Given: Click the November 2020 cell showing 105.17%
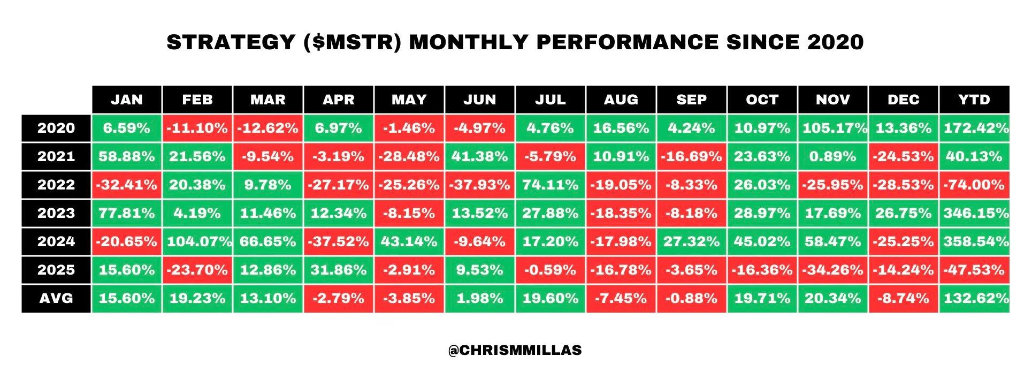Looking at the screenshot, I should (833, 128).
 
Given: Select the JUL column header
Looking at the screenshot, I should (551, 100).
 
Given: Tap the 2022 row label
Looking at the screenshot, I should (56, 185).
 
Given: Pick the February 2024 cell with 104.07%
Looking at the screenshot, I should (197, 242).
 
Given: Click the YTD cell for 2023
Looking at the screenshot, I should (974, 214).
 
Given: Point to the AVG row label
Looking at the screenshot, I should (56, 299).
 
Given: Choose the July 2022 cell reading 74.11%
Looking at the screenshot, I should (551, 185).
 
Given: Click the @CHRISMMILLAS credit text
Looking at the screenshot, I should (515, 351).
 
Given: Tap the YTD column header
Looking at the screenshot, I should (974, 100).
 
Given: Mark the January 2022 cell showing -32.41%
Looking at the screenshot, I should (127, 185).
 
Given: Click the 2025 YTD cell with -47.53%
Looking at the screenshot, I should (974, 270).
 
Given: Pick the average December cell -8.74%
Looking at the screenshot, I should (904, 299).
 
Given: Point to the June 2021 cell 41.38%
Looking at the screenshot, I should (480, 157).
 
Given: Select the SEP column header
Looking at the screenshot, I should (692, 100).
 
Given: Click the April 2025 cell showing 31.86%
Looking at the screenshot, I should (339, 270).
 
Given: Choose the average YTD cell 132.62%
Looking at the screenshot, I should (974, 299).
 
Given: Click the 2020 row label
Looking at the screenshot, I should (56, 128).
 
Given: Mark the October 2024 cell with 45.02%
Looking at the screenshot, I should (762, 242).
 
